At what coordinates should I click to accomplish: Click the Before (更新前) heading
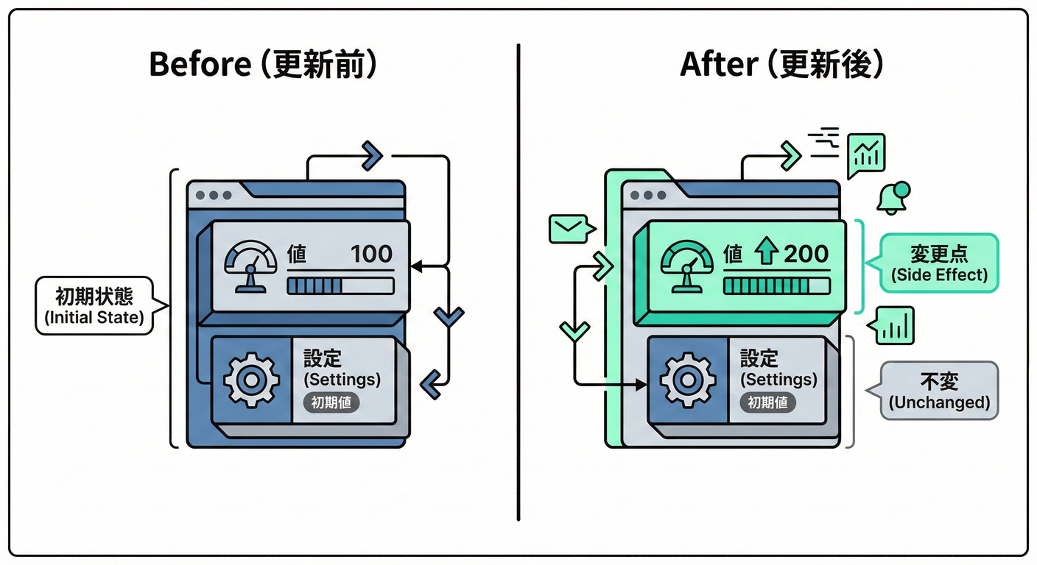[x=264, y=65]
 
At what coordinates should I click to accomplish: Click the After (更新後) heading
[x=781, y=65]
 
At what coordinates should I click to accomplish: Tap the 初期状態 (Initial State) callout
[x=94, y=306]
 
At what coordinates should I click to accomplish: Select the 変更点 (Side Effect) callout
[x=938, y=263]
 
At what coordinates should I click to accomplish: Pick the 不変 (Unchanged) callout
[x=938, y=390]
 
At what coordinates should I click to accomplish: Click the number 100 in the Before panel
[x=371, y=254]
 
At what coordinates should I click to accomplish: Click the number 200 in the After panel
[x=806, y=254]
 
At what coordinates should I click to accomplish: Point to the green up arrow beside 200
[x=767, y=254]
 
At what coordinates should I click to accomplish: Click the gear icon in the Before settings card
[x=251, y=380]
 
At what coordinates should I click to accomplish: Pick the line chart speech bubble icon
[x=866, y=155]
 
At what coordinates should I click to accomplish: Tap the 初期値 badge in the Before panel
[x=331, y=402]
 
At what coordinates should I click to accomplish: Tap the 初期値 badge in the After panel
[x=767, y=402]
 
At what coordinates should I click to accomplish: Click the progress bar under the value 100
[x=340, y=285]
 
